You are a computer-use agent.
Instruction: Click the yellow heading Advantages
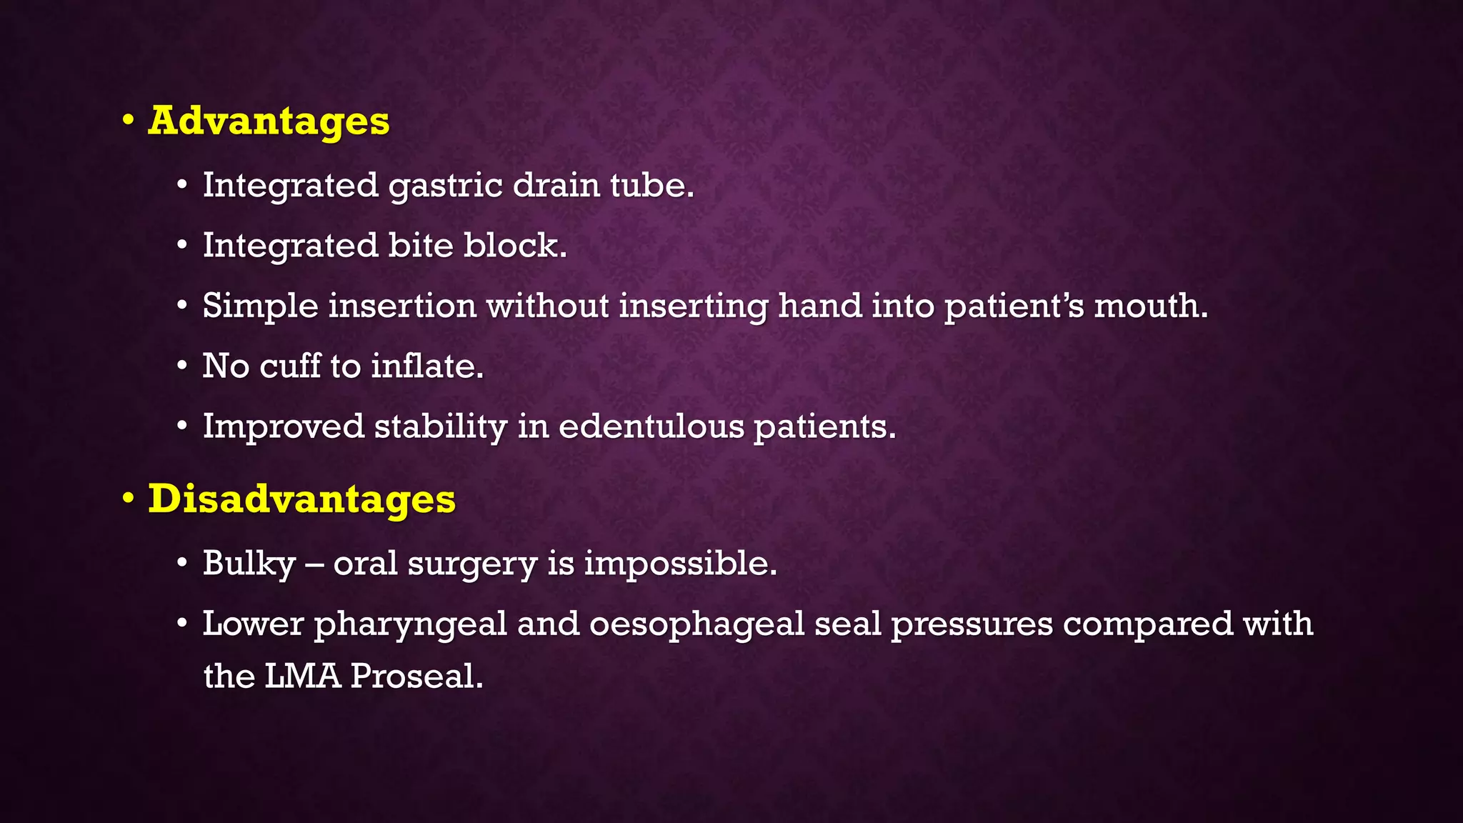click(x=269, y=121)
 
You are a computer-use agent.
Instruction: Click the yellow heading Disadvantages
click(x=301, y=499)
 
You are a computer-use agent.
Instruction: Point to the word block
click(x=514, y=245)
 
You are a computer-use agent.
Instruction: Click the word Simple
click(x=260, y=306)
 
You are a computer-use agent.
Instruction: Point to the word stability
click(x=440, y=427)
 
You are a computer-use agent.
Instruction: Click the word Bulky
click(x=249, y=564)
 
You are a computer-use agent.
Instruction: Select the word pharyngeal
click(x=410, y=624)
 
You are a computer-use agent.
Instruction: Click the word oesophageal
click(x=696, y=624)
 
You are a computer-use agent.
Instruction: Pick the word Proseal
click(x=416, y=676)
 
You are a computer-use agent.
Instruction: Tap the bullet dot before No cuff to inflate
click(x=183, y=366)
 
